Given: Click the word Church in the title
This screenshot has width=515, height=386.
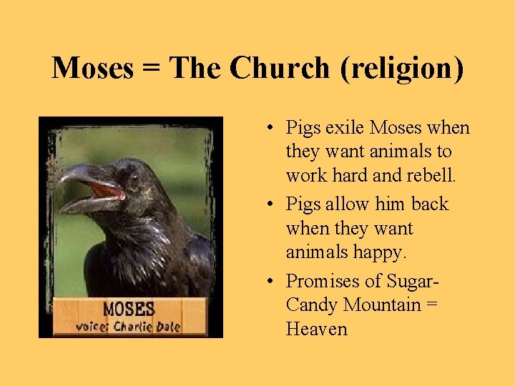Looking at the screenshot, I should click(281, 68).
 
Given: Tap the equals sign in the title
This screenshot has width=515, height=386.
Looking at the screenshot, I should click(152, 69).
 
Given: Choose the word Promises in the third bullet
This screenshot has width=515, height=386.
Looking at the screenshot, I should click(323, 281).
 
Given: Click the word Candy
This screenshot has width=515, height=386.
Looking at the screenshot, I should click(312, 305).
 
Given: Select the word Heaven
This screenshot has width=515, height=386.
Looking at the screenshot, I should click(316, 330).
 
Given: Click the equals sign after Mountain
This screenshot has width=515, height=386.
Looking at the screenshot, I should click(431, 305).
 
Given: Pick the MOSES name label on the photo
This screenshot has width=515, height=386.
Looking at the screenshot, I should click(129, 310).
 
